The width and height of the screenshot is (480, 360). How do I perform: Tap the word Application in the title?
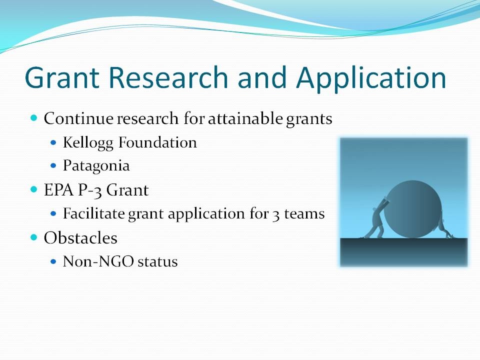(x=371, y=79)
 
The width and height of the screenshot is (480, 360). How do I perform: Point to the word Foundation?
(x=157, y=142)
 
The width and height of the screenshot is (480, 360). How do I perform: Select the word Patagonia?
(x=96, y=166)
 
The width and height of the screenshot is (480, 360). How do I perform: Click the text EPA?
(x=59, y=190)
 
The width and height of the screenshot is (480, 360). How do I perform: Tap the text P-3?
(x=89, y=190)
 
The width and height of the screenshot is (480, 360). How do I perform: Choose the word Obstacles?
(x=80, y=238)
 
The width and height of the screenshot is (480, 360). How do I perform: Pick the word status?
(x=157, y=262)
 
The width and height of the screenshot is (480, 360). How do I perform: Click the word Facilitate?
(x=93, y=213)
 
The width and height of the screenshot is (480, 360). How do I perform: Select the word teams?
(x=304, y=214)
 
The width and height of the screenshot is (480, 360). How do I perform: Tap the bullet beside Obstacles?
(x=34, y=237)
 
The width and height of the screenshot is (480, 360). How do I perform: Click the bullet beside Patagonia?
(x=53, y=166)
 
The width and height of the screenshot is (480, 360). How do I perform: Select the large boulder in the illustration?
(x=412, y=209)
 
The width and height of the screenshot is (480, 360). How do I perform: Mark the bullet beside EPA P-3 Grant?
(x=34, y=189)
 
